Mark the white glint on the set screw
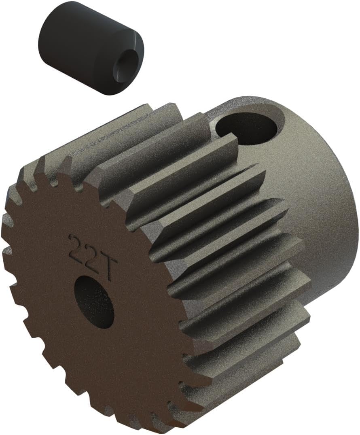coord(135,38)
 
